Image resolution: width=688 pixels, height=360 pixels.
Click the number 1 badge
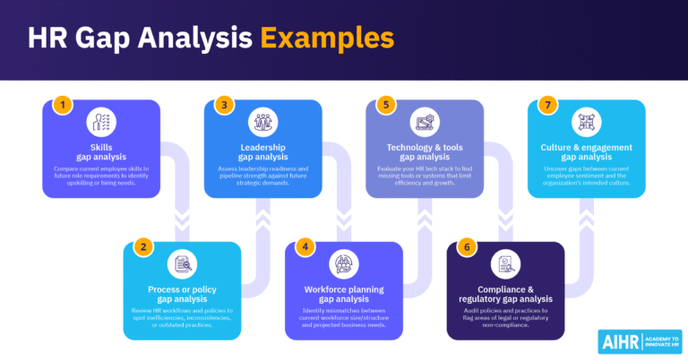tap(62, 105)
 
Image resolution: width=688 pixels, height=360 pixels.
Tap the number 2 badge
tap(141, 247)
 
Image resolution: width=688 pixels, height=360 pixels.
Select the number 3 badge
tap(223, 105)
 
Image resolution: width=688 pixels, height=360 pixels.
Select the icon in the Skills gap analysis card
tap(101, 123)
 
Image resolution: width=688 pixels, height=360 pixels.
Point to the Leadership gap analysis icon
tap(262, 123)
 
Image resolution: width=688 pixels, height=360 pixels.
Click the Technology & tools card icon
tap(424, 123)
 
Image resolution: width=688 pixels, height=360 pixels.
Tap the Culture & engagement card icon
tap(586, 123)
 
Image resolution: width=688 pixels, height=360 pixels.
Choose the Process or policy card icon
tap(182, 264)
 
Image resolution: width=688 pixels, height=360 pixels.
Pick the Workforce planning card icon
tap(343, 264)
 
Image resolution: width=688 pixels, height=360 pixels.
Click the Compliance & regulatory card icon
tap(504, 264)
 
